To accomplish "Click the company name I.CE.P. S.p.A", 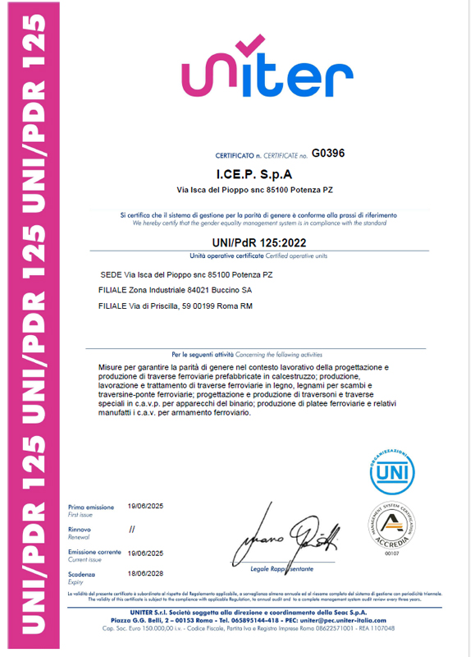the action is click(x=254, y=175).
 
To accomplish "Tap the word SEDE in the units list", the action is click(x=110, y=274).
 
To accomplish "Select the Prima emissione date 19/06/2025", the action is click(x=146, y=506).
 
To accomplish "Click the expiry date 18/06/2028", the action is click(x=146, y=575).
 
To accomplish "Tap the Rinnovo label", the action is click(x=80, y=530).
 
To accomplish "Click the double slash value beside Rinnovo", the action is click(x=132, y=530).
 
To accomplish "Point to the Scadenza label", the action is click(x=83, y=575).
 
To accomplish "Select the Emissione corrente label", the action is click(x=94, y=553).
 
